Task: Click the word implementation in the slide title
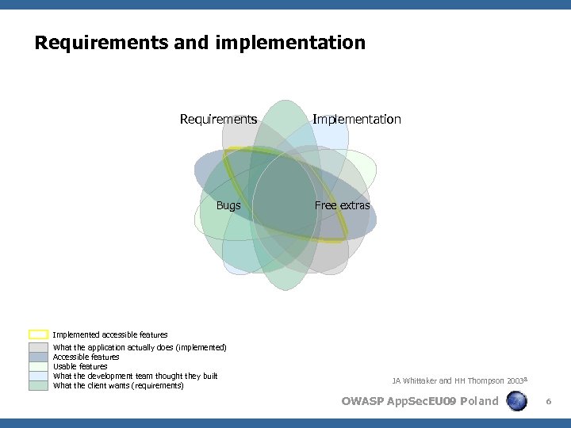coord(290,43)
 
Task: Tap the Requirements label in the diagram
coord(218,120)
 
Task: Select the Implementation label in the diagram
coord(356,120)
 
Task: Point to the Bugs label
coord(228,205)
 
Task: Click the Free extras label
coord(342,205)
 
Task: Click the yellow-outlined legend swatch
coord(39,334)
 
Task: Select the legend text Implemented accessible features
coord(110,334)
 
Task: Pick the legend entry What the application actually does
coord(140,347)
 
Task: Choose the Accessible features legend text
coord(86,357)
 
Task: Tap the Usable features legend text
coord(80,366)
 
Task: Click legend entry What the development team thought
coord(135,376)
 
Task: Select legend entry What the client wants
coord(118,385)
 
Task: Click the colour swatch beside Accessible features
coord(39,357)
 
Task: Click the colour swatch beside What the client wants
coord(39,385)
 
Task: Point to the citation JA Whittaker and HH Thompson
coord(458,381)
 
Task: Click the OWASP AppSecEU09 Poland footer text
coord(420,401)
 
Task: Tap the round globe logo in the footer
coord(516,401)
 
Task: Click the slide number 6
coord(548,403)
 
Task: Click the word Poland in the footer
coord(479,401)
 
